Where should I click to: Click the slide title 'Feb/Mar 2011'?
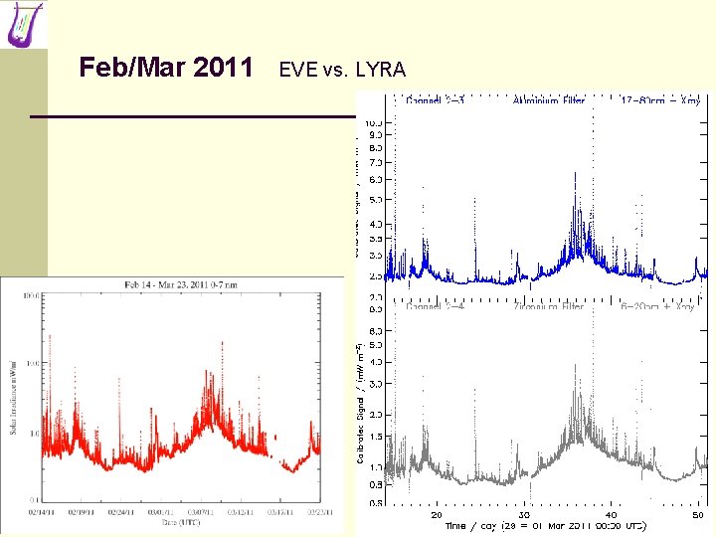pos(166,68)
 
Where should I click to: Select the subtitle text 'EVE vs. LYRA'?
pos(342,70)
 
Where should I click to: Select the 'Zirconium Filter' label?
pos(548,307)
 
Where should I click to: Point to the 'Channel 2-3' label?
pos(436,99)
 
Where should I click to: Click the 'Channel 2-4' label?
pos(436,307)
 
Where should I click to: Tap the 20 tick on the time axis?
pos(436,515)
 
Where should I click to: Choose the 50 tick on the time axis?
pos(698,515)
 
